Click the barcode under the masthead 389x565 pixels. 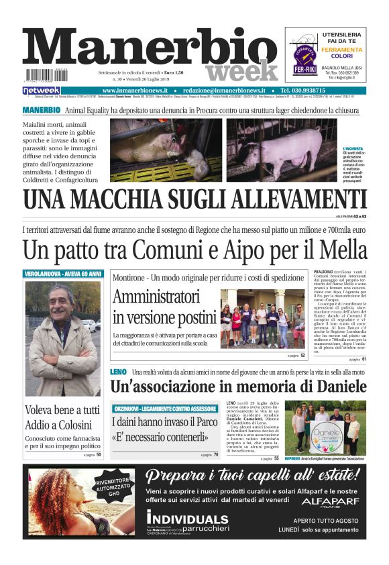46,76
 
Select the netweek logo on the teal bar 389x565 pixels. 42,91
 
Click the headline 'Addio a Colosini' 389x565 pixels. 58,425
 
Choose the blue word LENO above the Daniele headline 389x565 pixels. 117,371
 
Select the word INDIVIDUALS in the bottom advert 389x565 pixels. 187,519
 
